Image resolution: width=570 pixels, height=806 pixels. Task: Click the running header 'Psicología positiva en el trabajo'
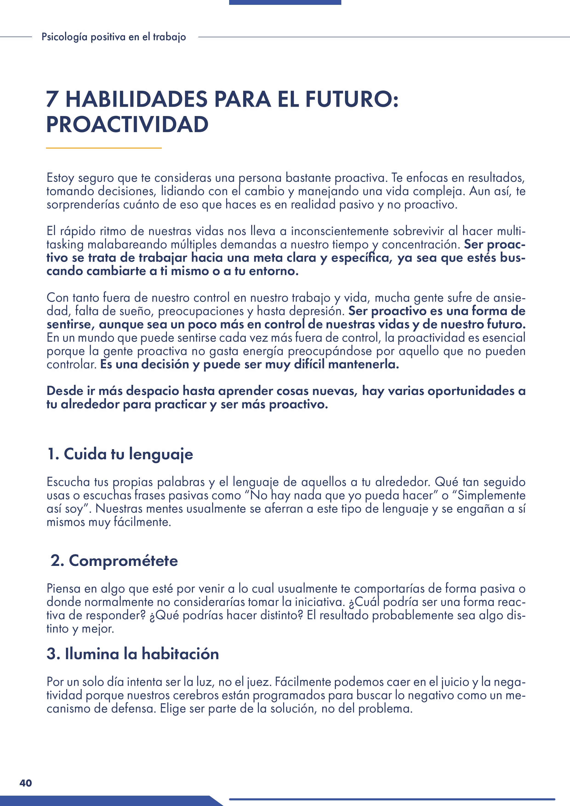114,37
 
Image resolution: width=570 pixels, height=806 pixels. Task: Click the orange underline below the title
104,148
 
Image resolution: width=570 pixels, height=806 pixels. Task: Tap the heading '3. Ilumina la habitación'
133,654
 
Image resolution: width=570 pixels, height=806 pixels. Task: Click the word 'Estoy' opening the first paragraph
60,178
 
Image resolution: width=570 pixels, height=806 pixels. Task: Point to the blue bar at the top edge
285,2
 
